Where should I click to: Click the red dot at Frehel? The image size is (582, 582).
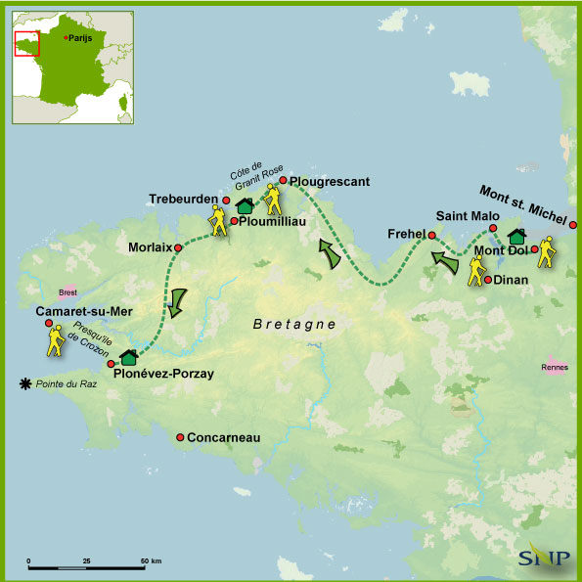(431, 235)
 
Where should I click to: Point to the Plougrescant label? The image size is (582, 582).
(329, 181)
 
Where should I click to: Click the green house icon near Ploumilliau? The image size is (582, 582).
(246, 204)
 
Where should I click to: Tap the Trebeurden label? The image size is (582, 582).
(183, 199)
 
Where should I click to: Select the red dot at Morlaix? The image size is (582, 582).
(178, 247)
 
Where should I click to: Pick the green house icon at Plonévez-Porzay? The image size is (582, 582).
(128, 358)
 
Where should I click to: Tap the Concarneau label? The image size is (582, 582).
(223, 438)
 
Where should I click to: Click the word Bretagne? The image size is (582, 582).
(294, 324)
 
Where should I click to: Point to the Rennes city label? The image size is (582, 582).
(554, 368)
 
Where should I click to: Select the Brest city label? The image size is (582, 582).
(67, 291)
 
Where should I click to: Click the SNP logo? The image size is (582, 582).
(541, 556)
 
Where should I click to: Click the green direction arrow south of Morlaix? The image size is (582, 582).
(177, 302)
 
